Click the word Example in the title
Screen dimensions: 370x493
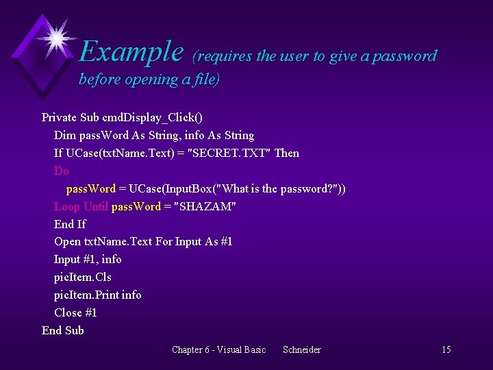(x=131, y=51)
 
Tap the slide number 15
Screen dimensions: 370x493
(x=446, y=350)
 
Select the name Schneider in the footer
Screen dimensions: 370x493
(x=301, y=350)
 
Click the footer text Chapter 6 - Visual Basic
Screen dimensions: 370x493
(x=218, y=350)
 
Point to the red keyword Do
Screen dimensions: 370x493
(x=62, y=171)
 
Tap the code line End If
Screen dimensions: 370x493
(x=70, y=224)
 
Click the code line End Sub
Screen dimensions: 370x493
(x=63, y=330)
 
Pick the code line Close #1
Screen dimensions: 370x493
(x=75, y=312)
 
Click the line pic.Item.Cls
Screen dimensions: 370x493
(x=82, y=277)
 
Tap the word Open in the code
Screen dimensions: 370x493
(x=67, y=241)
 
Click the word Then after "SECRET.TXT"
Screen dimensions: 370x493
(x=286, y=153)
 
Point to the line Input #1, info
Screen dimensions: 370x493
(x=88, y=259)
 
